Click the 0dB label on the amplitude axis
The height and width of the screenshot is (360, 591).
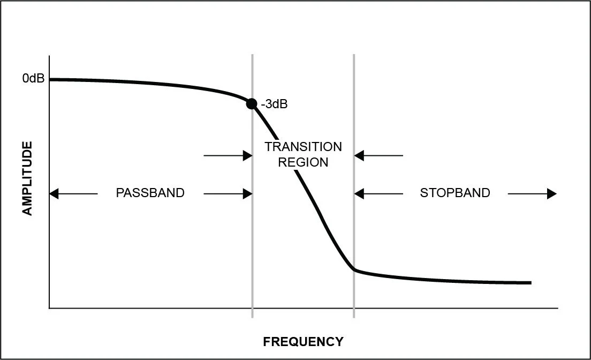click(x=33, y=79)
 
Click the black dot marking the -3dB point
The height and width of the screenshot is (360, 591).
click(x=252, y=103)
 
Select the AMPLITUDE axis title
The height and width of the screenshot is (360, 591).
click(x=27, y=178)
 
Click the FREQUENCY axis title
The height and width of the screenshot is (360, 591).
click(x=303, y=341)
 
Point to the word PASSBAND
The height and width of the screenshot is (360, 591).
click(x=150, y=193)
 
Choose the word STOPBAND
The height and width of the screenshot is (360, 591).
click(x=454, y=193)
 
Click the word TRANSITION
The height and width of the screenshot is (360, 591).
click(x=303, y=147)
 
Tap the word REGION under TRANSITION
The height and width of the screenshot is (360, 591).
click(x=303, y=162)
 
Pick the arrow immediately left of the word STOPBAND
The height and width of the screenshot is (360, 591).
click(x=379, y=193)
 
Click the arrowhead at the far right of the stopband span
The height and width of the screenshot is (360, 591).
click(x=551, y=193)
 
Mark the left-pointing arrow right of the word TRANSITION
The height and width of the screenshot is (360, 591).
click(x=379, y=156)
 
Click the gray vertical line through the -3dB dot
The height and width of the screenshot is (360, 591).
click(x=252, y=241)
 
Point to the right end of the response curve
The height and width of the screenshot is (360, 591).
click(x=530, y=282)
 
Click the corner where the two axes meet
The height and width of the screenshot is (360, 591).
click(x=49, y=308)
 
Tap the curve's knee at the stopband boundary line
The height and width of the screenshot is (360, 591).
click(x=353, y=269)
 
